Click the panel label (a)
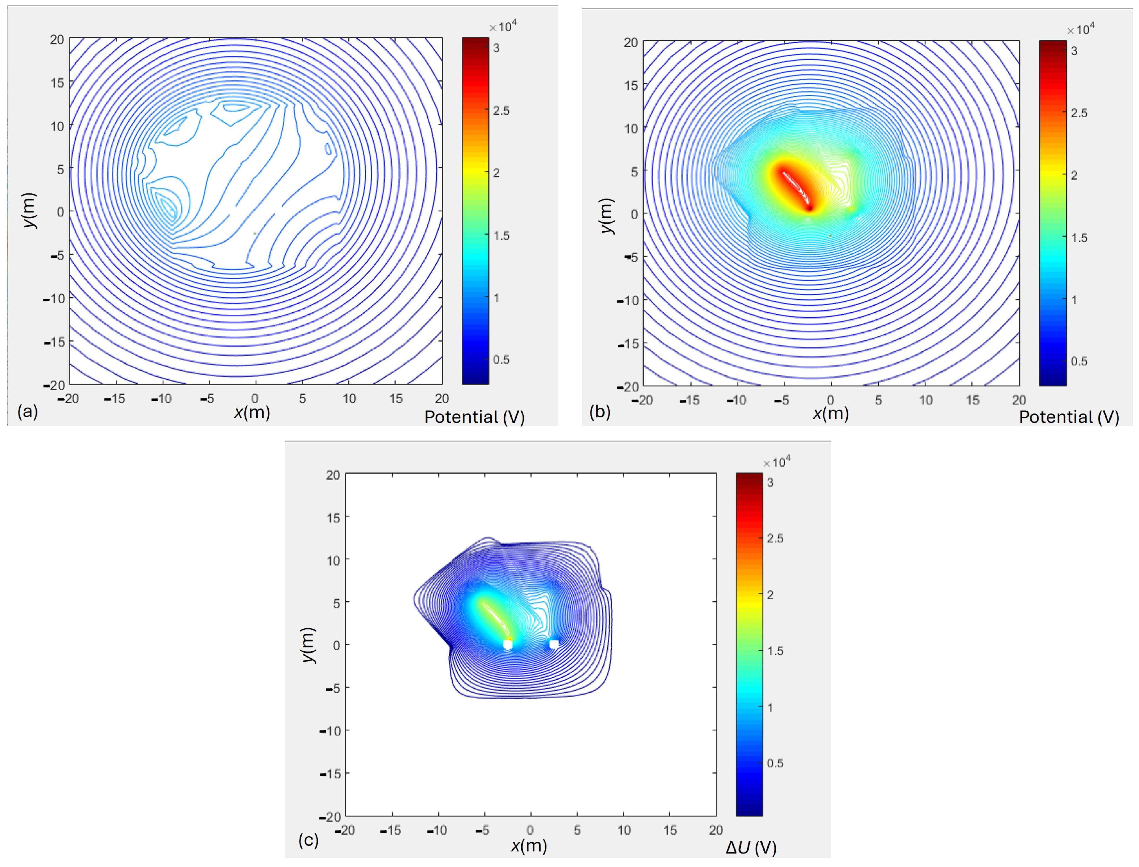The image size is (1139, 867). (x=28, y=412)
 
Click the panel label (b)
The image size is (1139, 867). (x=600, y=412)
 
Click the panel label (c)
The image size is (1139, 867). (x=308, y=841)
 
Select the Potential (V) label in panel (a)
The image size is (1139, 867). (x=474, y=417)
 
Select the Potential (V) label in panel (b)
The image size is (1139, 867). (x=1069, y=417)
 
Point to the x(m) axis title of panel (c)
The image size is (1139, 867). (x=529, y=845)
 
